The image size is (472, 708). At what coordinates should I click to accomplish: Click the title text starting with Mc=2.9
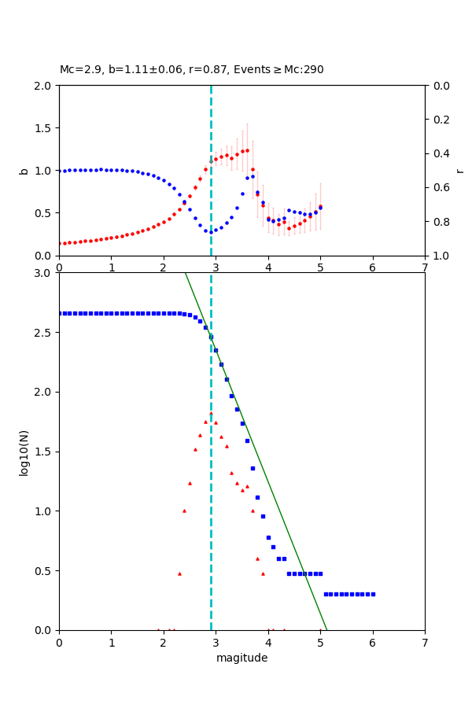191,70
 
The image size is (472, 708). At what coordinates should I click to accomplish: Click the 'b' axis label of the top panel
24,171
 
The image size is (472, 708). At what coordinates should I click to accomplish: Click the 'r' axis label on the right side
459,171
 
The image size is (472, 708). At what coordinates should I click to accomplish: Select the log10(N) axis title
24,452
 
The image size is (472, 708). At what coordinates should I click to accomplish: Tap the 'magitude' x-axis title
242,658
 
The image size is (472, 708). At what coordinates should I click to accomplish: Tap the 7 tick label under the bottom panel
425,641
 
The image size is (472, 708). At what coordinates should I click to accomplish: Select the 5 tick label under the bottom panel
320,641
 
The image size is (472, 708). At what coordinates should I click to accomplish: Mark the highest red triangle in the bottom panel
211,413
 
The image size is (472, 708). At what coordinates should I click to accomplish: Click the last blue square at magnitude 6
373,594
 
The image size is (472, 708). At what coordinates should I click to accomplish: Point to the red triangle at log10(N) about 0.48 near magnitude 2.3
179,573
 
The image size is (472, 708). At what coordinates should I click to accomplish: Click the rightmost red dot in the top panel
320,207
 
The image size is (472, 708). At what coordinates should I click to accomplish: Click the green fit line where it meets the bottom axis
326,629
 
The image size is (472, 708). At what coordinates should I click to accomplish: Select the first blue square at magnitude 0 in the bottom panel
60,313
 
